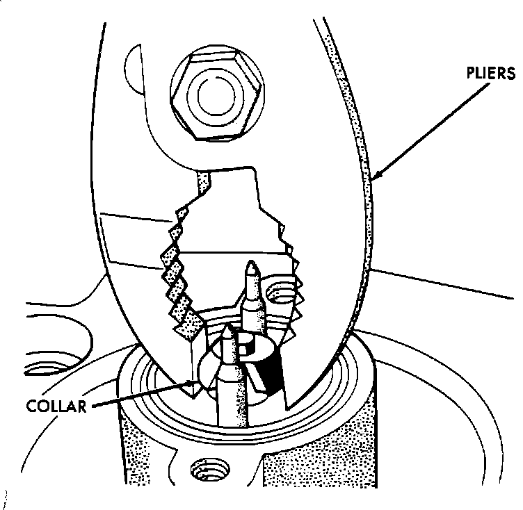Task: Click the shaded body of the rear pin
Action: click(255, 306)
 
